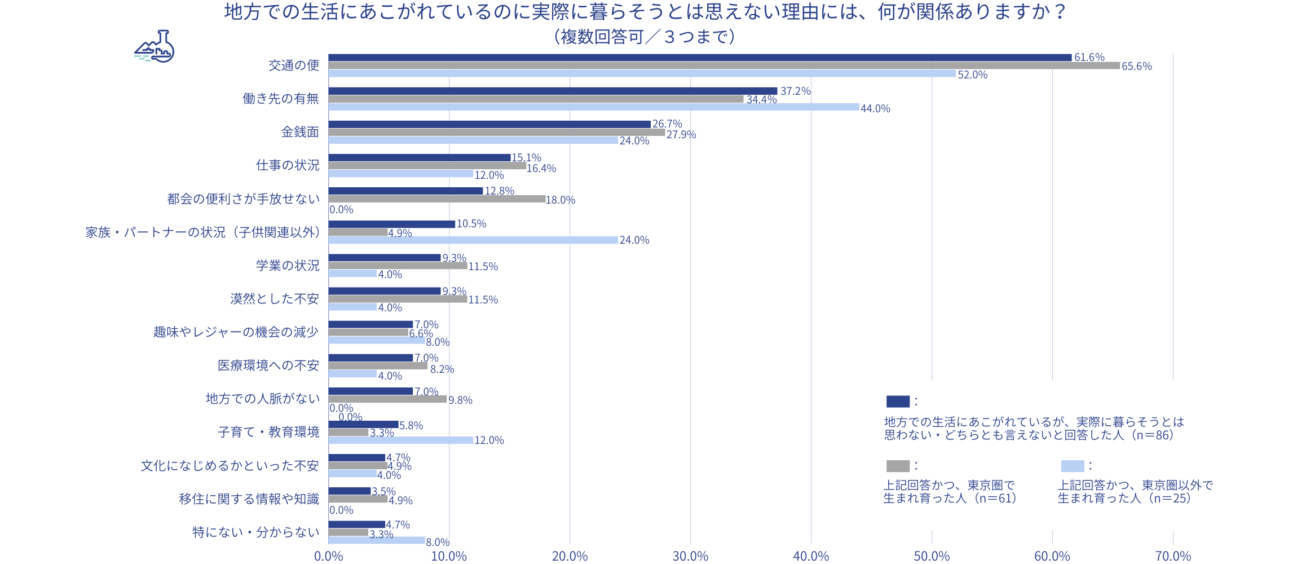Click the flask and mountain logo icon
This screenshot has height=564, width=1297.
155,46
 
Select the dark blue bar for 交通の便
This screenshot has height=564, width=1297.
699,58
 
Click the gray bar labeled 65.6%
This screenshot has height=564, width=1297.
724,66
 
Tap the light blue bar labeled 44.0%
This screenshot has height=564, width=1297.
593,107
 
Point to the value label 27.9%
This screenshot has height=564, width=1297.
681,135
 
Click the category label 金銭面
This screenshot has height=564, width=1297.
300,132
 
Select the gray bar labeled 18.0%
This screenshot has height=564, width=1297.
436,199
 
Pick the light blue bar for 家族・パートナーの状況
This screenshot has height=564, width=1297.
473,240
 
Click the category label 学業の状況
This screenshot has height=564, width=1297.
288,266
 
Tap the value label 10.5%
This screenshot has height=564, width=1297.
471,224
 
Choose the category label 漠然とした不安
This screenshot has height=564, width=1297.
275,299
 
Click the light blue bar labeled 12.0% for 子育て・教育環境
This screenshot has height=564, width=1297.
400,440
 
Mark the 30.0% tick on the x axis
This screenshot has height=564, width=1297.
690,557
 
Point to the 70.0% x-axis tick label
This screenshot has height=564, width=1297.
1173,557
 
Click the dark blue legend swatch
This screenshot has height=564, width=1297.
898,402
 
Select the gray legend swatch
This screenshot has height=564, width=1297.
898,466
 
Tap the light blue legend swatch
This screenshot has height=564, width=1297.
1072,466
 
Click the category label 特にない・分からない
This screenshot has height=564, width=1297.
256,532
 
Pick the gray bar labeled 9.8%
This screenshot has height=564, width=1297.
387,399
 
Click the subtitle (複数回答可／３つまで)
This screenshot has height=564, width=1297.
644,37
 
